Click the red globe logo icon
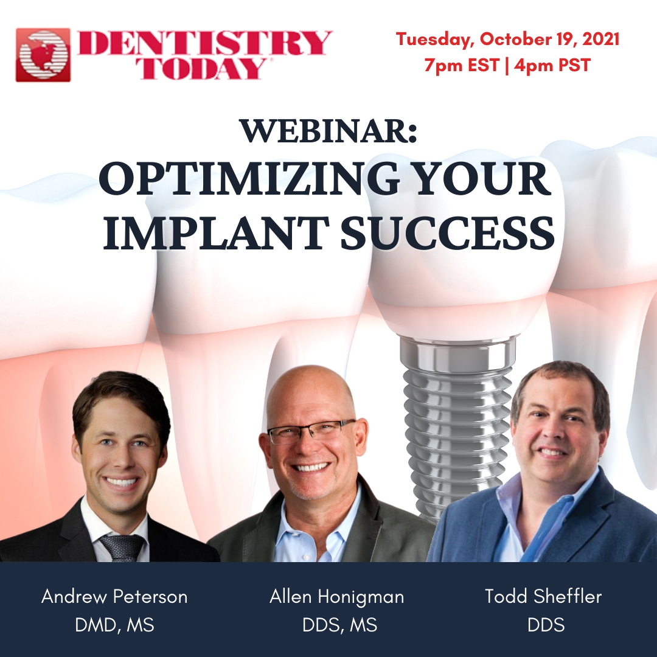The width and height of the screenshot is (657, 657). tap(43, 55)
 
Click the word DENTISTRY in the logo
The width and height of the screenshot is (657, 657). tap(205, 43)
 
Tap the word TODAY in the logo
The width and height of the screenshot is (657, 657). tap(203, 68)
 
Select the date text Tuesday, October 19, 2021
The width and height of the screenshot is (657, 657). tap(507, 39)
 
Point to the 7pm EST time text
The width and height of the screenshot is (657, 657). tap(462, 65)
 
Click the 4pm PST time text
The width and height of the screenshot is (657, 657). tap(552, 65)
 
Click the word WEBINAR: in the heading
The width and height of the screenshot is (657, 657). tap(328, 131)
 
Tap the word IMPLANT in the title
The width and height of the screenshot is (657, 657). tap(215, 233)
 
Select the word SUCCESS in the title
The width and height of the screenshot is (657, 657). tap(448, 233)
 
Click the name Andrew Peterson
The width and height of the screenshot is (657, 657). tap(114, 597)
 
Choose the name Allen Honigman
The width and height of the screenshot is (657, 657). tap(337, 597)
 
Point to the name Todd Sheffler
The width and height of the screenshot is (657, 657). tap(543, 596)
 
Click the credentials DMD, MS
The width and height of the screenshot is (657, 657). tap(114, 625)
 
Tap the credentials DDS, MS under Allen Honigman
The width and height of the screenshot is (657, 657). tap(340, 625)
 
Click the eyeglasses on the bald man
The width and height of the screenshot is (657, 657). tap(311, 431)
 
